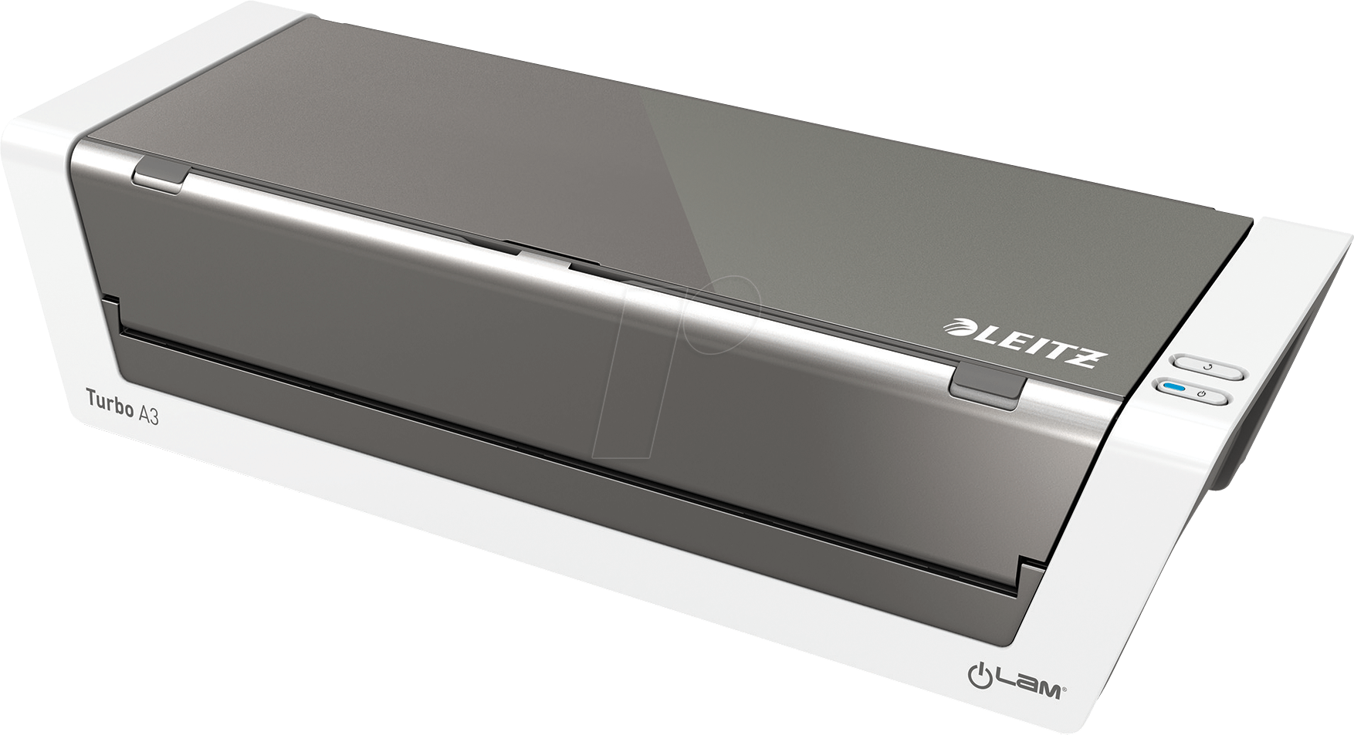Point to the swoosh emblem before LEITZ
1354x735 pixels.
point(957,329)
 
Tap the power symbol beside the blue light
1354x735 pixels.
point(1199,395)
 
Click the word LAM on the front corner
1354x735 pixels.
point(1027,668)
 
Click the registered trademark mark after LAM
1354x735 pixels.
point(1065,671)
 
